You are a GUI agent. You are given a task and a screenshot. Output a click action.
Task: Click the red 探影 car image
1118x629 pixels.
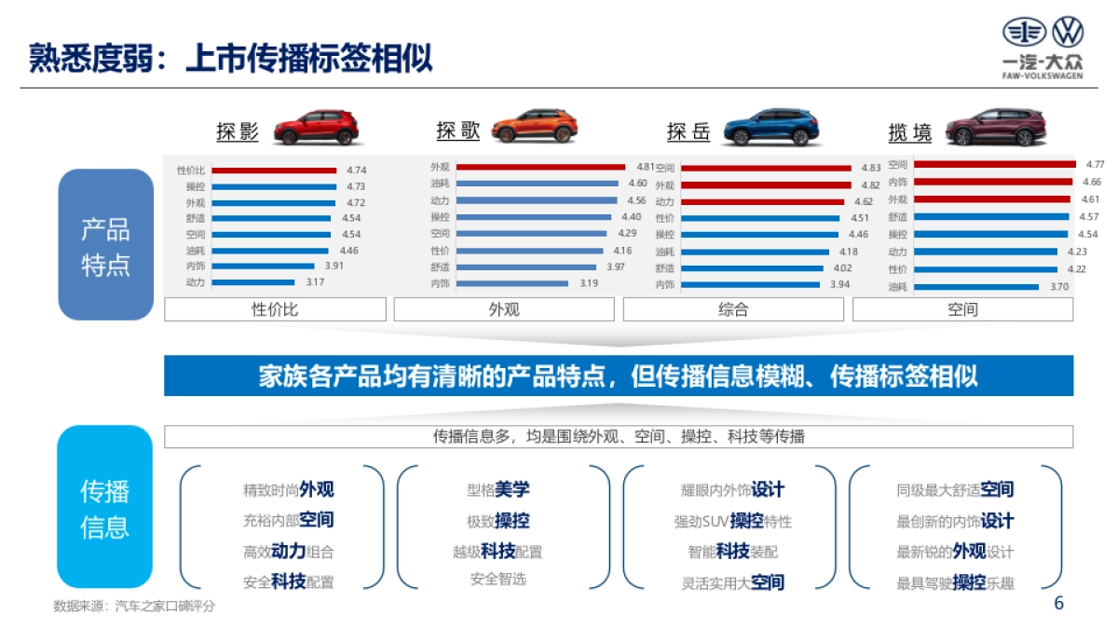pos(316,128)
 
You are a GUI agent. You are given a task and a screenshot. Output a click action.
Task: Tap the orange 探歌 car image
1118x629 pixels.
pos(535,127)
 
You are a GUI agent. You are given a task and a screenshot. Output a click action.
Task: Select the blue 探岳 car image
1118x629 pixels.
pos(770,128)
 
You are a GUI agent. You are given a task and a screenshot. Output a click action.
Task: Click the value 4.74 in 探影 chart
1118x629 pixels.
pos(356,171)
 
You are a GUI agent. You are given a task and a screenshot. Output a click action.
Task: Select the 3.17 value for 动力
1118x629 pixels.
pos(314,282)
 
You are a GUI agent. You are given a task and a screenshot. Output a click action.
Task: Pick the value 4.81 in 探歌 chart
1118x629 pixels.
pos(646,166)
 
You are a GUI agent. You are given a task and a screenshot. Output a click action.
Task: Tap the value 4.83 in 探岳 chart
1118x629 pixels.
pos(870,169)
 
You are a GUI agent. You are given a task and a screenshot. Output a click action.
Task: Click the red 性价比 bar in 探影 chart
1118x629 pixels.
pos(273,171)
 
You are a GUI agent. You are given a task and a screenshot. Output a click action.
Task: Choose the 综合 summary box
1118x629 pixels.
pos(733,309)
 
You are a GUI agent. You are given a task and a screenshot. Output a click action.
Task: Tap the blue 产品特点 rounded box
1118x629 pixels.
pos(105,244)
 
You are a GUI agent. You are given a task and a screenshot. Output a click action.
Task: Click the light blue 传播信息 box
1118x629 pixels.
pos(104,507)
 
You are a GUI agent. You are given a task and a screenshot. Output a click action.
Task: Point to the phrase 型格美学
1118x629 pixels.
pos(498,489)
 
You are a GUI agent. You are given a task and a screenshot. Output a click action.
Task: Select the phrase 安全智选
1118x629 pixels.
pos(498,579)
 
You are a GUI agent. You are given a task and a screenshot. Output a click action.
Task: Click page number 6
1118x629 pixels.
pos(1058,603)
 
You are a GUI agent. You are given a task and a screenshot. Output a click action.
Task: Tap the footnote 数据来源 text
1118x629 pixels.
pos(134,606)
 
